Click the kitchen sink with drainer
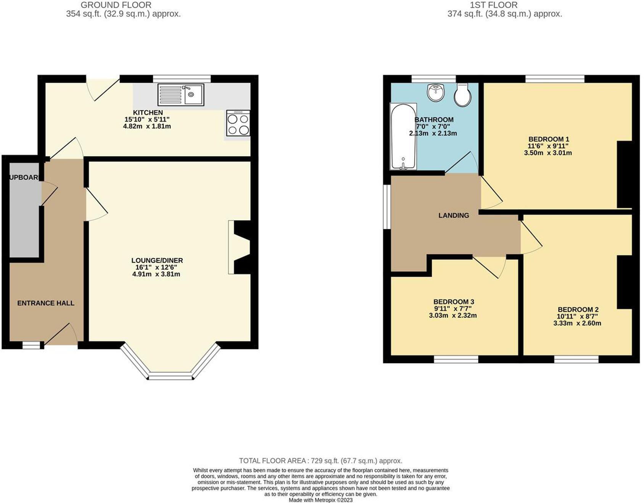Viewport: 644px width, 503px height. [x=181, y=95]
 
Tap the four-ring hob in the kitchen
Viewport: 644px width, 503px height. [x=238, y=123]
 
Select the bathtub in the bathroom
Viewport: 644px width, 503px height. [x=403, y=137]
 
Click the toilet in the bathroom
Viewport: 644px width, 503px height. [x=462, y=95]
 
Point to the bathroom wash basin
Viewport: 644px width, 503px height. [x=436, y=92]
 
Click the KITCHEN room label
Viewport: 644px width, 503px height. [x=148, y=113]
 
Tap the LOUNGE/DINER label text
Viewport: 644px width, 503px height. [x=157, y=260]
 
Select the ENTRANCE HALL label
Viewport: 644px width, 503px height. [x=46, y=303]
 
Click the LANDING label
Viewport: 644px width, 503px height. [x=453, y=216]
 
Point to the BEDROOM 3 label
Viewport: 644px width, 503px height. [x=454, y=302]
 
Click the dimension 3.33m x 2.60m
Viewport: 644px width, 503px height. [x=577, y=323]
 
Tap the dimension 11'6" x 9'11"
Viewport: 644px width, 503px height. [x=548, y=146]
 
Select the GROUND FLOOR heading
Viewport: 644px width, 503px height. [x=116, y=5]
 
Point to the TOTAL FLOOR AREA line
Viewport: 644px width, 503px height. [x=320, y=461]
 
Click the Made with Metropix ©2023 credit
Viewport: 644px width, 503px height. [x=320, y=500]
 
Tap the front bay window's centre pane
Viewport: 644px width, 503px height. [x=171, y=377]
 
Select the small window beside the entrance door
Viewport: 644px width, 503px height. [x=31, y=345]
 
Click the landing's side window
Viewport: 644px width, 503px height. [x=386, y=207]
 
